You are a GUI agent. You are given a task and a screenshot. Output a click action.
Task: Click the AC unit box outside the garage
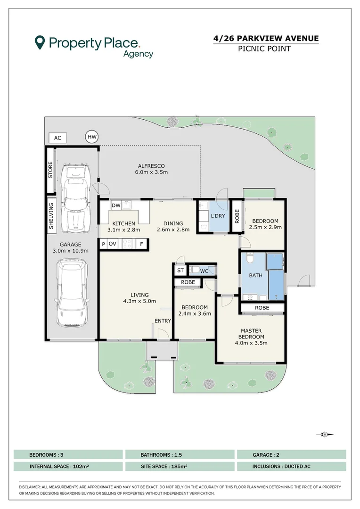point(57,138)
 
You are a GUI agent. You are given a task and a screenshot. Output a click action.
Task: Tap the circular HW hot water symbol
point(92,137)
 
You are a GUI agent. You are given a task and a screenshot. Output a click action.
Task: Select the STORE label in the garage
point(50,170)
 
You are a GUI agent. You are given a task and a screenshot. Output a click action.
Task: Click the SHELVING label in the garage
point(51,216)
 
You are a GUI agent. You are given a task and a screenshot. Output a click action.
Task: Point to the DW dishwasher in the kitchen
point(116,205)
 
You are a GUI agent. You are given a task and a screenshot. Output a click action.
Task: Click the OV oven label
point(112,244)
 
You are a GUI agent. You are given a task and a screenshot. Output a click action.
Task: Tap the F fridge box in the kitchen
point(141,244)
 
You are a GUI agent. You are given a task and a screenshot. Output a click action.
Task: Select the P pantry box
point(103,244)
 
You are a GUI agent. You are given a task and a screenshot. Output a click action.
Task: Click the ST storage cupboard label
point(180,270)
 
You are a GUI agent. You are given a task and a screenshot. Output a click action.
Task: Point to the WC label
point(204,271)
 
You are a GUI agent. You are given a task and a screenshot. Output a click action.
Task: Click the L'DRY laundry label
point(218,216)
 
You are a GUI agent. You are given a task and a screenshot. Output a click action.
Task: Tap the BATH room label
point(255,275)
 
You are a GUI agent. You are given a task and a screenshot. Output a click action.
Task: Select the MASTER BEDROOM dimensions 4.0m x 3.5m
point(251,343)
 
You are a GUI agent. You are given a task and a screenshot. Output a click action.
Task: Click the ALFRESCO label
point(151,166)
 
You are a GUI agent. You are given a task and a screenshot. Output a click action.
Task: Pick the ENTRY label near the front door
point(163,321)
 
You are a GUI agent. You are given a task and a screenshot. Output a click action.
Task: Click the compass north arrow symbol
point(325,435)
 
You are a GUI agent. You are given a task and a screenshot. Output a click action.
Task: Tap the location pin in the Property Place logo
point(40,42)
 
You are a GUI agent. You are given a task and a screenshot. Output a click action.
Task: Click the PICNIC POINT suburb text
point(264,49)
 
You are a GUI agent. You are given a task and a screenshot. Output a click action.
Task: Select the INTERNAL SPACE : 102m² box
point(68,467)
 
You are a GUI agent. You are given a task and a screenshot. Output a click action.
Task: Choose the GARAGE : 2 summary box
point(292,455)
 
